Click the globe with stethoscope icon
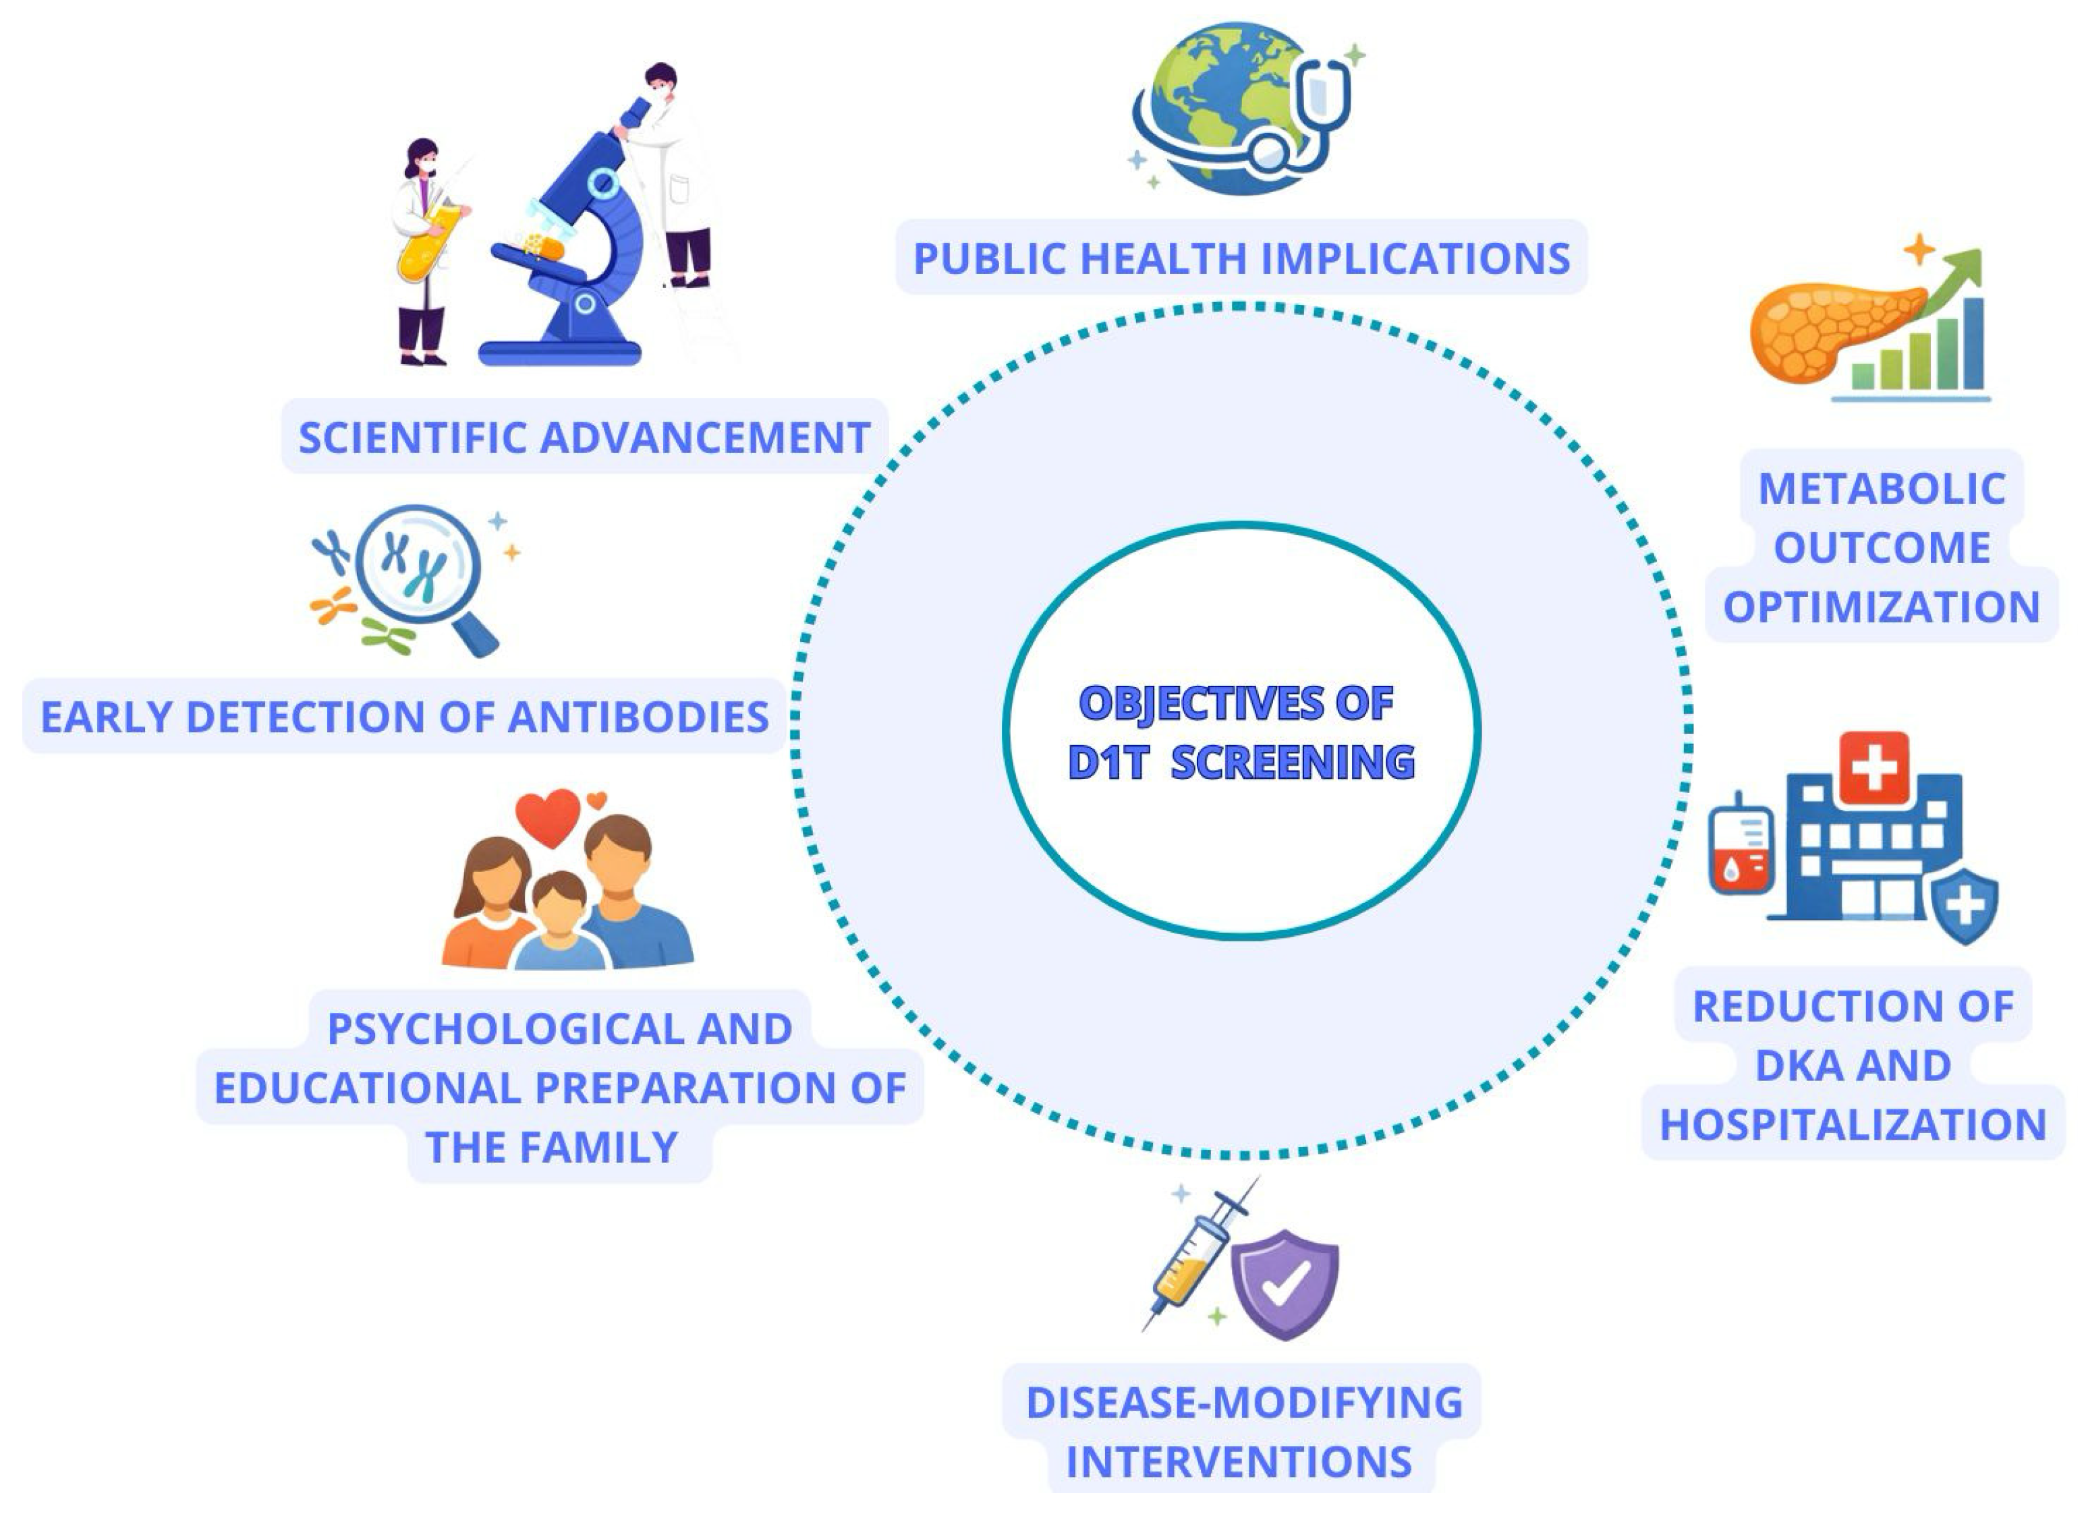pyautogui.click(x=1223, y=111)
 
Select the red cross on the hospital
pyautogui.click(x=1873, y=767)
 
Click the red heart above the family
pyautogui.click(x=548, y=817)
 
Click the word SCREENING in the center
pyautogui.click(x=1291, y=763)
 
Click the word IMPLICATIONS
pyautogui.click(x=1417, y=259)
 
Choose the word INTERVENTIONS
pyautogui.click(x=1239, y=1463)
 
